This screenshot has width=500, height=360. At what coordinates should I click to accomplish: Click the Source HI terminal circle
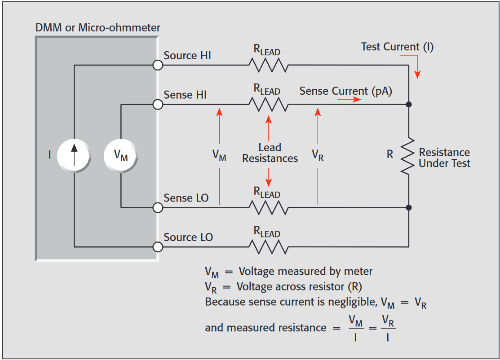(x=158, y=66)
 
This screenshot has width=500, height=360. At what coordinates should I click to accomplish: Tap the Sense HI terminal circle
(x=158, y=105)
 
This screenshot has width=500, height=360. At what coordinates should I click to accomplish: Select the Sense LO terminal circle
(x=158, y=207)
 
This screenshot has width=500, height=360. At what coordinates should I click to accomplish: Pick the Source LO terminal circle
(x=158, y=246)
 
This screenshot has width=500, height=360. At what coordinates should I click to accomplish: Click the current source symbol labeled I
(x=75, y=155)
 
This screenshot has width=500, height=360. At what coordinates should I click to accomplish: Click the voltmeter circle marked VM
(x=121, y=155)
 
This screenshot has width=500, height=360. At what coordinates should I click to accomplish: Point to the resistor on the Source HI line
(x=268, y=66)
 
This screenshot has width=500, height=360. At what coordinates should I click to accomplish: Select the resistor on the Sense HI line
(x=268, y=105)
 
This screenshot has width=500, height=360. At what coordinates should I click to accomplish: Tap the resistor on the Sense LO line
(x=268, y=207)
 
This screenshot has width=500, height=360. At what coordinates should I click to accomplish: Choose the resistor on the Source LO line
(x=268, y=246)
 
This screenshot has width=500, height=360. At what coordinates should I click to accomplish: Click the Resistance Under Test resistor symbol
(x=408, y=156)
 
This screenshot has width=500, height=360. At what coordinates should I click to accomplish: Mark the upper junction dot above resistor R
(x=409, y=105)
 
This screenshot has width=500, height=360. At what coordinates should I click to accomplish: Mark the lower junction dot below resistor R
(x=409, y=207)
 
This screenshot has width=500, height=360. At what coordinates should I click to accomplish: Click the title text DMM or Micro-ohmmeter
(x=97, y=28)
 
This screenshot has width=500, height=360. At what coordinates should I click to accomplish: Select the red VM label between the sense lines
(x=219, y=155)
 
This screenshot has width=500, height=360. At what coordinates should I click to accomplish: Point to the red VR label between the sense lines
(x=318, y=155)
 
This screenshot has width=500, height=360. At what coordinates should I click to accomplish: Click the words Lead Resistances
(x=270, y=153)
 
